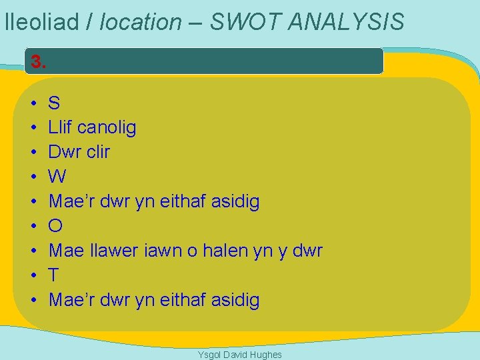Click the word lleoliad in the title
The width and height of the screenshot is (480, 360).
point(41,22)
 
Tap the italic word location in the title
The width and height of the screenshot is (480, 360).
point(140,22)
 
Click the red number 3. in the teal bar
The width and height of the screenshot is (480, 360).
point(39,63)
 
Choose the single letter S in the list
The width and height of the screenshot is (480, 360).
point(55,103)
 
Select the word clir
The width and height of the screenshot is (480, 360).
point(98,151)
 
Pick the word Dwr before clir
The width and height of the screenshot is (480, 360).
point(65,151)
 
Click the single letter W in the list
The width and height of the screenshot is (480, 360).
point(58,177)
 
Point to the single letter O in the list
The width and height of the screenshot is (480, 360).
point(56,226)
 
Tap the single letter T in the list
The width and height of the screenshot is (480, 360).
point(55,275)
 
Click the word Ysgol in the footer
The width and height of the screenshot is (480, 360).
point(209,355)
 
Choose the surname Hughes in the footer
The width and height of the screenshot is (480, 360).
point(267,355)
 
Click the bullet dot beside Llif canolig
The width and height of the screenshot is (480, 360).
point(33,127)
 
